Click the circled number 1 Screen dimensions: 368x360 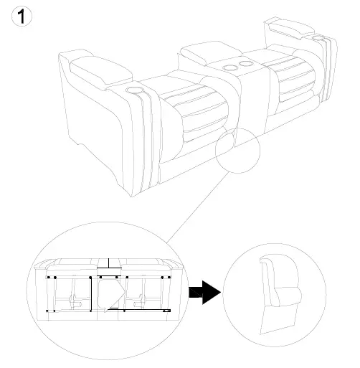tap(22, 16)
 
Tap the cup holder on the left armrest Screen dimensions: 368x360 tap(136, 90)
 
